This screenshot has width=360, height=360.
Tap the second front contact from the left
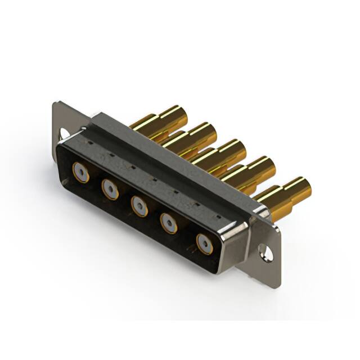coord(110,188)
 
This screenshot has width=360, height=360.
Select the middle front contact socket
coord(139,205)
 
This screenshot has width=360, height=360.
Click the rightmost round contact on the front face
coord(204,244)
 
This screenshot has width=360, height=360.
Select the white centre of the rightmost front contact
coord(204,244)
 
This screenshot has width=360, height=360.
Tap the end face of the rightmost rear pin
coord(304,186)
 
